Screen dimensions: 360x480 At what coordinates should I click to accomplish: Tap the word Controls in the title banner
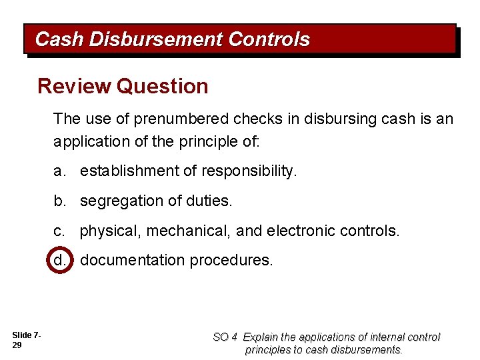click(x=269, y=40)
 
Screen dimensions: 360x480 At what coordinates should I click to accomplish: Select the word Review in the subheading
click(x=73, y=86)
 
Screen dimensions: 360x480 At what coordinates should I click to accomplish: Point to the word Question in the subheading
click(x=162, y=86)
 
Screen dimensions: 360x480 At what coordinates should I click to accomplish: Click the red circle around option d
click(x=59, y=260)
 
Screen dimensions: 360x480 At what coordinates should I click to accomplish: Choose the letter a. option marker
click(x=61, y=171)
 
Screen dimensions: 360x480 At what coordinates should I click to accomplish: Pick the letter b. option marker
click(x=61, y=201)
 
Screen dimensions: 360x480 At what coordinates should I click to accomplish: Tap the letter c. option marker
click(x=60, y=231)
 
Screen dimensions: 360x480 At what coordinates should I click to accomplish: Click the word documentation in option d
click(x=132, y=260)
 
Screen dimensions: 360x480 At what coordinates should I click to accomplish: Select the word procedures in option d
click(x=231, y=260)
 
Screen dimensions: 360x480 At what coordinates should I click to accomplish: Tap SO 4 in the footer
click(x=225, y=337)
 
